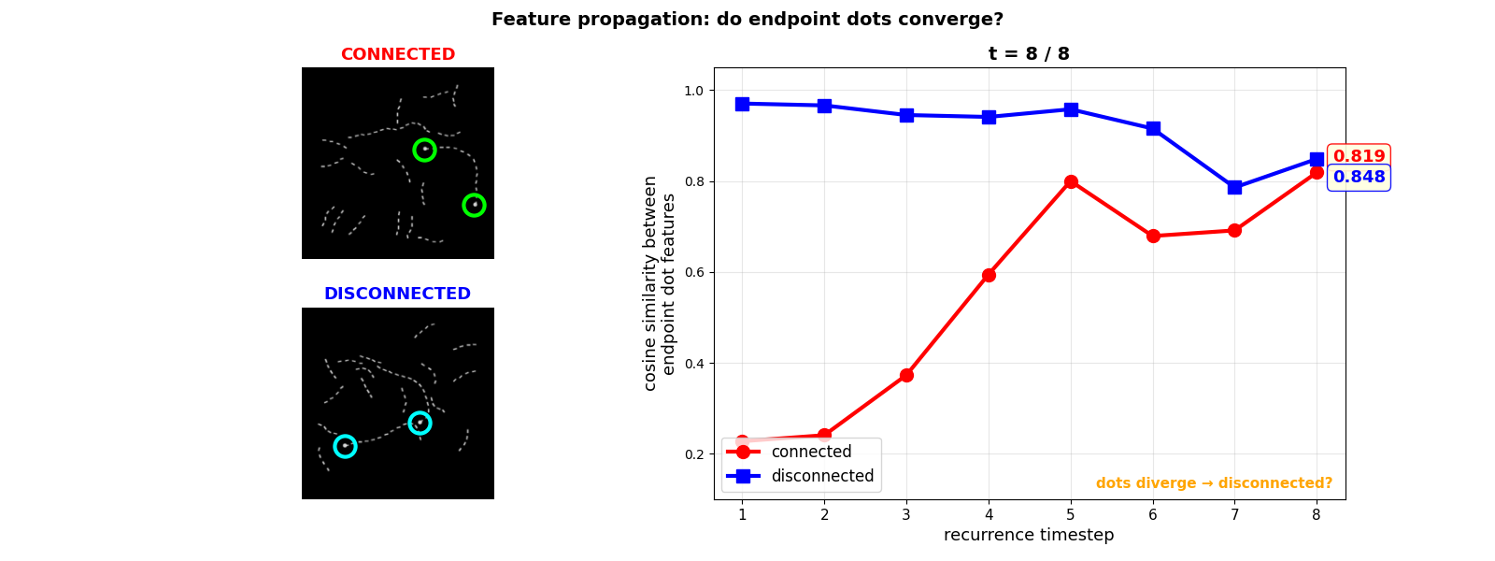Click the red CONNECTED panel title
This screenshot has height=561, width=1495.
pos(397,54)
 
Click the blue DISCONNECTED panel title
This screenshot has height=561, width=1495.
pos(397,294)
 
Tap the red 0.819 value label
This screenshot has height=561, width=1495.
pos(1359,156)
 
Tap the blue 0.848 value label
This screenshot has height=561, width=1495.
pos(1359,177)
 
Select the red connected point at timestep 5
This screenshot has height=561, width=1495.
pos(1071,181)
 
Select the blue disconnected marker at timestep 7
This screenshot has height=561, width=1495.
pos(1234,187)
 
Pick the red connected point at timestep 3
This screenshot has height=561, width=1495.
pos(906,375)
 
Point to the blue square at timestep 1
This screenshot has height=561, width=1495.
pos(742,104)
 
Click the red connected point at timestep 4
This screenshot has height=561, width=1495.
pos(989,275)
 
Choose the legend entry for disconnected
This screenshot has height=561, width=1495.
pos(822,476)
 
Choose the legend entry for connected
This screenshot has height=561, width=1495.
pos(811,452)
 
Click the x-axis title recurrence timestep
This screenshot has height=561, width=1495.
pos(1029,535)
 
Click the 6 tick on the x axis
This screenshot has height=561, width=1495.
pos(1152,514)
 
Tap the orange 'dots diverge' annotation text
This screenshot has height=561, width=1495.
pos(1214,483)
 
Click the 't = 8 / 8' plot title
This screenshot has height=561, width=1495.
pos(1029,54)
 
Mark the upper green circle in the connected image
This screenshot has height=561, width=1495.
pos(424,150)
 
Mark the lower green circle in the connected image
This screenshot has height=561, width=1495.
pos(474,205)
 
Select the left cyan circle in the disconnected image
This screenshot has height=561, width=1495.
pos(345,446)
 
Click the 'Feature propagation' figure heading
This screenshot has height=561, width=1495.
pos(747,20)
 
